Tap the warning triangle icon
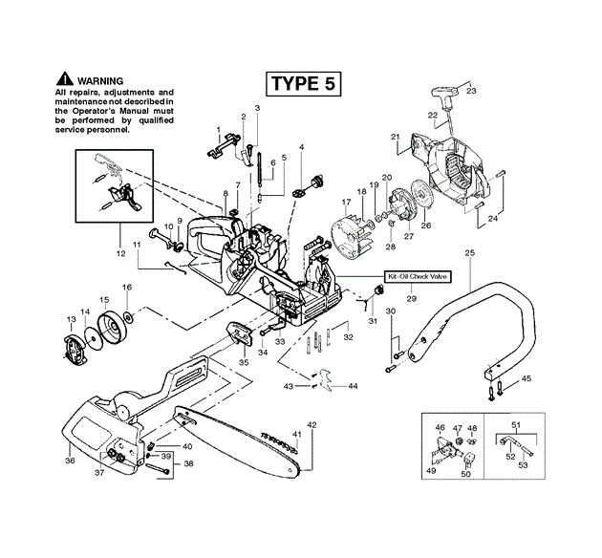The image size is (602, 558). click(x=65, y=78)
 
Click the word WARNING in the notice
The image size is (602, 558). click(x=103, y=79)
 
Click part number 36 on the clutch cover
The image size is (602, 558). click(x=69, y=461)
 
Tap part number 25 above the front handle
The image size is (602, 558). click(x=469, y=252)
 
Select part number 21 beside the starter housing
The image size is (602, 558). click(x=394, y=137)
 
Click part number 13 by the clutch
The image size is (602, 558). click(x=70, y=318)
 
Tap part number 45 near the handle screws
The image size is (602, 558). click(x=527, y=379)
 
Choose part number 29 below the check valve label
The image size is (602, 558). click(x=412, y=300)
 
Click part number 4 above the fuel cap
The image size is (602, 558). click(x=301, y=147)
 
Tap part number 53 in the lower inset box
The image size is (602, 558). click(x=523, y=465)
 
